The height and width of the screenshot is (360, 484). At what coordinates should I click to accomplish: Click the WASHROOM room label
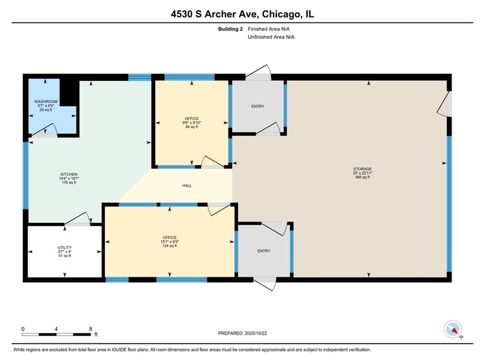(46, 102)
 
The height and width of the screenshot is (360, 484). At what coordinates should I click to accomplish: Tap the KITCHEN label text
(68, 174)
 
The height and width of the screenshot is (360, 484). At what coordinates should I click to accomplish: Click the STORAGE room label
(362, 169)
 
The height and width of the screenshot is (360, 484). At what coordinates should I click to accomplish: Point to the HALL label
(187, 186)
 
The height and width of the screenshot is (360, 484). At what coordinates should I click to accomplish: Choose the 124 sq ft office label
(170, 238)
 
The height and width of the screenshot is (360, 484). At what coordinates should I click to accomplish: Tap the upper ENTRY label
(257, 107)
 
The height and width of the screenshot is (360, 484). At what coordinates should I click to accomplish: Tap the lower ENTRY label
(264, 251)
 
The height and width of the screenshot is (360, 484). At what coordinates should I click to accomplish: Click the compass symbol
(453, 329)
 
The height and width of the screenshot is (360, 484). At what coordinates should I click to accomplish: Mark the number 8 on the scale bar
(91, 329)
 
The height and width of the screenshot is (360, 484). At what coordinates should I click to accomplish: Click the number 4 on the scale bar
(56, 329)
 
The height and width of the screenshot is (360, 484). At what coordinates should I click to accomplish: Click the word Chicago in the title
(273, 13)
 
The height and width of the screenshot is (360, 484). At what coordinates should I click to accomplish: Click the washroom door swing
(49, 129)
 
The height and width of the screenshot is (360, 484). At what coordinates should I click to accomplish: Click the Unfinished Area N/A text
(271, 37)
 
